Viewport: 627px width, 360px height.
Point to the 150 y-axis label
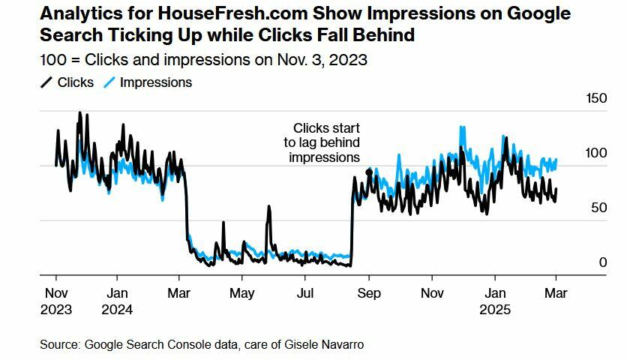tap(595, 98)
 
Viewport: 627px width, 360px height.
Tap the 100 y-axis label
tap(595, 153)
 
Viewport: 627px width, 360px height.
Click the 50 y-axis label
tap(598, 207)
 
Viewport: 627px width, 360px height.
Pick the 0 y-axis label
tap(602, 262)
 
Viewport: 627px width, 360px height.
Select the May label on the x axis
tap(242, 294)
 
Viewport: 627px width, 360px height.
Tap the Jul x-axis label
tap(305, 294)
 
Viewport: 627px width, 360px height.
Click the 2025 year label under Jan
tap(494, 309)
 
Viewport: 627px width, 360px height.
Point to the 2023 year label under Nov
tap(56, 309)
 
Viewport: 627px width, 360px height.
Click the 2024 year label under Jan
tap(116, 309)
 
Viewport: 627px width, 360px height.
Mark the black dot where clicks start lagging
tap(368, 172)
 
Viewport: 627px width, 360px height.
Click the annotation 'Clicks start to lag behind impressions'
tap(325, 142)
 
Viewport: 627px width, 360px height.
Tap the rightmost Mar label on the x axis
tap(556, 294)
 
